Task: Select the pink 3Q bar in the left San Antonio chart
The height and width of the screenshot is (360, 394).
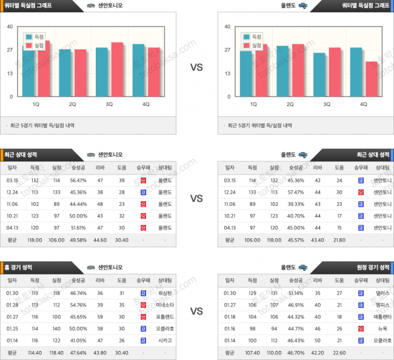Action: point(117,70)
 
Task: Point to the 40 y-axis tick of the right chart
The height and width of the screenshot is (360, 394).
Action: point(227,27)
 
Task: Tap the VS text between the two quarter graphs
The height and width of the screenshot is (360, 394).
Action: point(196,67)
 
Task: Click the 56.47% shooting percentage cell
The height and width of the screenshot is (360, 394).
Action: point(78,180)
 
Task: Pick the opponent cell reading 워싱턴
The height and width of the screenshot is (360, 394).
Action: point(165,293)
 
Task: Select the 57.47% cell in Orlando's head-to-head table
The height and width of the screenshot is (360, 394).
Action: point(296,192)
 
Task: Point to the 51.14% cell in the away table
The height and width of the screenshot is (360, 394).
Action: point(296,293)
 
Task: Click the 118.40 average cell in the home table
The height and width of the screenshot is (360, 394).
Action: point(56,351)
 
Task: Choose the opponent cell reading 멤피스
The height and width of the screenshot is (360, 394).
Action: point(382,304)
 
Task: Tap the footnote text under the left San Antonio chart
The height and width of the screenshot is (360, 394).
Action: point(42,125)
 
